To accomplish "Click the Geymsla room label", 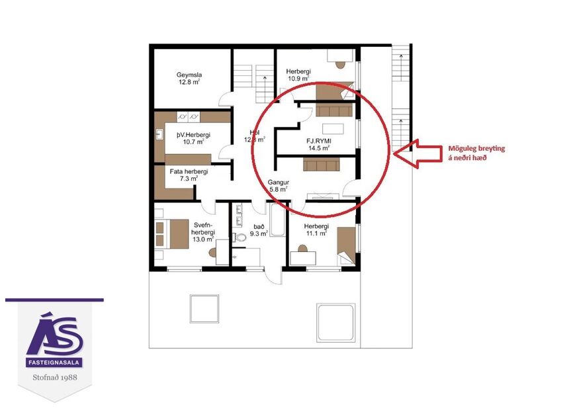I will coord(189,75).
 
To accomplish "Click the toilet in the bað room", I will coord(241,236).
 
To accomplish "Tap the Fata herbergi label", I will coord(189,171).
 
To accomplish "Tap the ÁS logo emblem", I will coord(55,335).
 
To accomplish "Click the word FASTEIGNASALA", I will coord(55,363).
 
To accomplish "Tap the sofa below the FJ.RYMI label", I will coord(321,163).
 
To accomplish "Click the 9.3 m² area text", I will coord(257,233).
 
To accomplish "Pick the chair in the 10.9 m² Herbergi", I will coord(341,65).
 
